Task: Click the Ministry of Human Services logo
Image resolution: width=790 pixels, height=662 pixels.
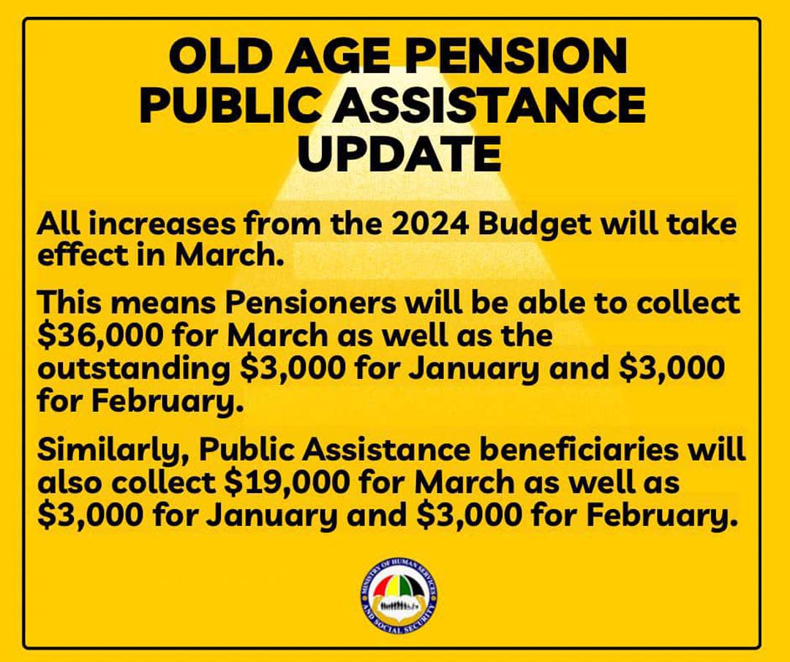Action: (399, 593)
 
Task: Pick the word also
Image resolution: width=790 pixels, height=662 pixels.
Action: (71, 484)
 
